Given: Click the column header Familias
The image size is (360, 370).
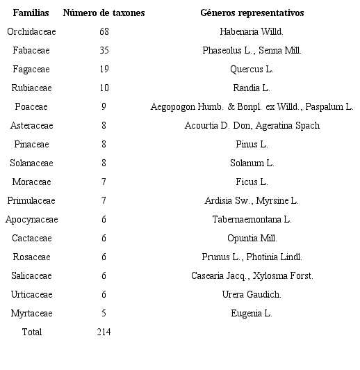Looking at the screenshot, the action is (31, 13).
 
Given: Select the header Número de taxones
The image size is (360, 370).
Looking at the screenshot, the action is (104, 13).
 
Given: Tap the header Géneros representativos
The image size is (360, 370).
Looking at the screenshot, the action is (252, 13).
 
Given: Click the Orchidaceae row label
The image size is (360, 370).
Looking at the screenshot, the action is (31, 31).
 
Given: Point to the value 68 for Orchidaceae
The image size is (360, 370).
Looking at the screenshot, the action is (104, 31).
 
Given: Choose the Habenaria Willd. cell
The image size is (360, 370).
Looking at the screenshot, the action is (252, 31).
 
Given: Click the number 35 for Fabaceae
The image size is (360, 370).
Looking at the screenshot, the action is (104, 50).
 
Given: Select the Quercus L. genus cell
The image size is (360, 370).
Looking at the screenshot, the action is (252, 69).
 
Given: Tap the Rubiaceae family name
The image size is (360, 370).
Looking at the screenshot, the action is (31, 88).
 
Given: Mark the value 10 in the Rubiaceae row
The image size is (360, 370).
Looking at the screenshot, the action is (104, 88).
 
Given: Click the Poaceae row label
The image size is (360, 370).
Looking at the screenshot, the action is (31, 106).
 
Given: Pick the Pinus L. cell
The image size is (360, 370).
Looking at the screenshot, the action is (252, 144).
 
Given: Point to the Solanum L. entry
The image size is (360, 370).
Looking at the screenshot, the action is (252, 163).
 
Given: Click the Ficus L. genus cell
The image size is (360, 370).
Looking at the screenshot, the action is (252, 182).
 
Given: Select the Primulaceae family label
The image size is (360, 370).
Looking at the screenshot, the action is (31, 200).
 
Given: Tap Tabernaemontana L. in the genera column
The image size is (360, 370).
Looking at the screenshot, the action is (252, 219).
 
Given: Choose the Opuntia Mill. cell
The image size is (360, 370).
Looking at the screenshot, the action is (252, 238).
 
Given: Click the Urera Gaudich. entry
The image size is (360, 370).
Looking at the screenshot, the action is (252, 294).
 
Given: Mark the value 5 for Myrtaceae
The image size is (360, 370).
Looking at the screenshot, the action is (104, 313).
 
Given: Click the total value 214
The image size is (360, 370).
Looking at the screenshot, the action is (104, 332).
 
